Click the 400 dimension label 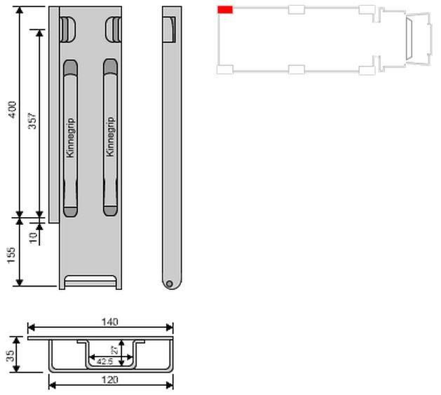coord(13,109)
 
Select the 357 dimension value coord(33,120)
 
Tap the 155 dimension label coord(11,255)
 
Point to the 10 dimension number coord(33,237)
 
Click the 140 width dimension coord(109,322)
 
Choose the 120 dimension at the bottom coord(109,380)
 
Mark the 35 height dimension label coord(10,356)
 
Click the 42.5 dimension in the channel coord(104,362)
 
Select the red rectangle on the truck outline coord(225,10)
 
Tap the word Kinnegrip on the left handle coord(70,138)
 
